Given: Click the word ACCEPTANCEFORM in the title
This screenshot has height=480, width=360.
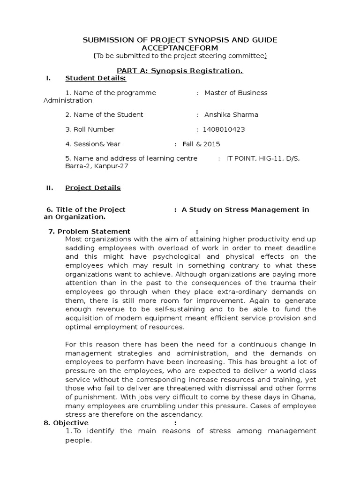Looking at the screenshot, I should [x=180, y=48].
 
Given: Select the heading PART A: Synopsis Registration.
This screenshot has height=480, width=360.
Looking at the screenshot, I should [x=180, y=70].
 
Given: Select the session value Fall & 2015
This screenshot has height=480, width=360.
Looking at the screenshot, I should [x=201, y=144].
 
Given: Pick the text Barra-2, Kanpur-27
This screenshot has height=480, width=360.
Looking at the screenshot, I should [x=97, y=166].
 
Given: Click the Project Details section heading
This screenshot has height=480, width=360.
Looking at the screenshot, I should [x=93, y=187].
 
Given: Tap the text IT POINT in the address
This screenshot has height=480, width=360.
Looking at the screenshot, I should [x=240, y=158].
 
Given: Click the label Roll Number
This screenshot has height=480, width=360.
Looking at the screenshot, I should [x=93, y=129].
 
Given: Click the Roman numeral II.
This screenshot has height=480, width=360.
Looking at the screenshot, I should [x=49, y=187].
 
